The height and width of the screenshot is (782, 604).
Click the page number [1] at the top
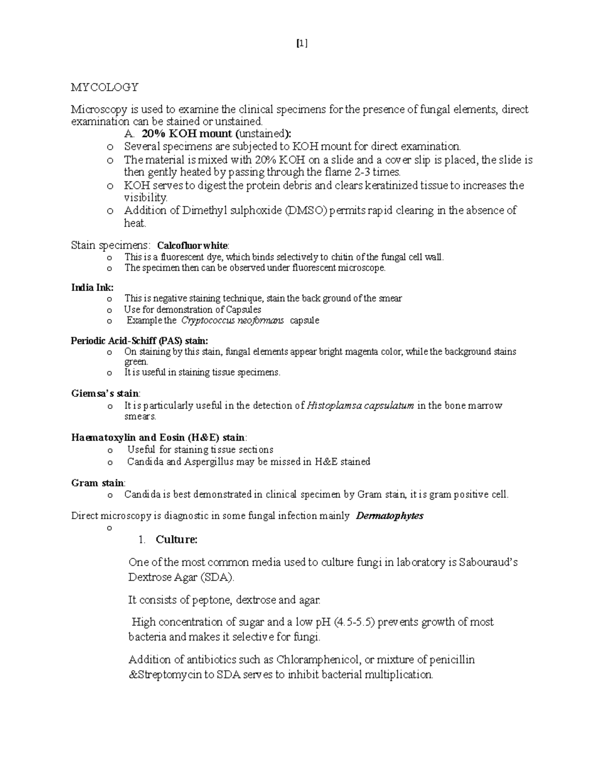[301, 44]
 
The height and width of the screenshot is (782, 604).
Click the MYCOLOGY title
[104, 88]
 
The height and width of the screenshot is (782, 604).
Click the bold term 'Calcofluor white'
[192, 246]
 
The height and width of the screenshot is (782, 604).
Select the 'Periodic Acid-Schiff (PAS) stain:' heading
[139, 341]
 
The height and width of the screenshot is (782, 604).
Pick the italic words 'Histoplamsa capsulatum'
[360, 406]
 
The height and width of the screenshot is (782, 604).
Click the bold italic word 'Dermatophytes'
[390, 516]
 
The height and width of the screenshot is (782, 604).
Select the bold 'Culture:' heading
[176, 540]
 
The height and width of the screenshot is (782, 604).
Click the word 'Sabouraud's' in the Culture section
[488, 562]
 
